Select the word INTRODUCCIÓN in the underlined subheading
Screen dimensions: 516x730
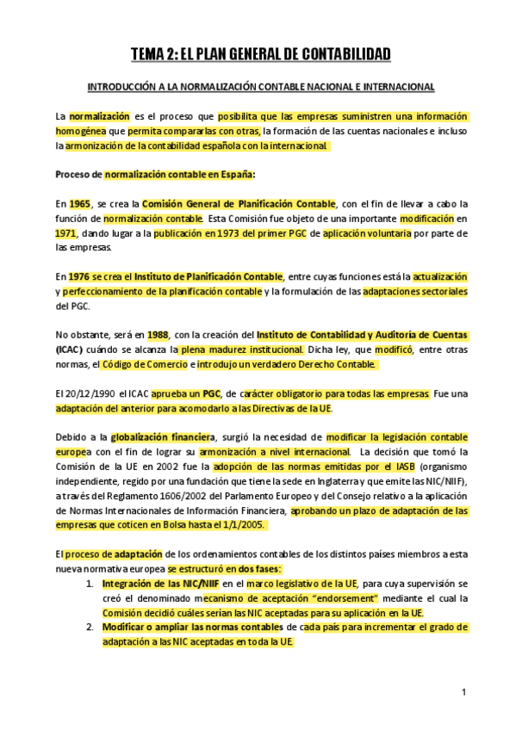click(115, 88)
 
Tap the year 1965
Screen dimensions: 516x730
click(80, 204)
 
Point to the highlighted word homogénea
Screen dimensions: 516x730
click(80, 131)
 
